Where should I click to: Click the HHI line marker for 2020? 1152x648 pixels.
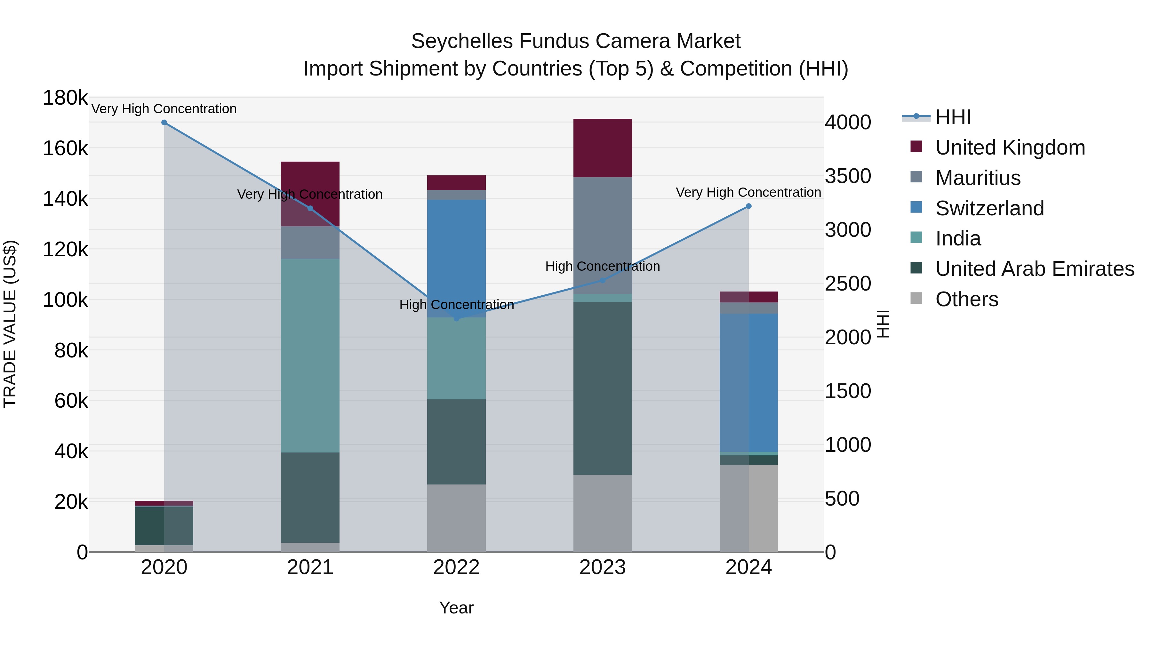coord(164,123)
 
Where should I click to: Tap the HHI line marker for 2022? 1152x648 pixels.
coord(456,318)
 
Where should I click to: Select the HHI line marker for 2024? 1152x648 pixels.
coord(748,206)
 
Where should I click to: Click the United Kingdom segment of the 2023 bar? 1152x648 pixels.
coord(602,148)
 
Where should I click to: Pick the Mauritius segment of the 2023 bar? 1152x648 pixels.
coord(602,236)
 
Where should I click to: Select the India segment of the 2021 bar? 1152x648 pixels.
coord(310,356)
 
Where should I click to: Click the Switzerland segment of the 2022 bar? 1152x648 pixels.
coord(456,259)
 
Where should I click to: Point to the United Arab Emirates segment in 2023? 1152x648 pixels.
coord(602,388)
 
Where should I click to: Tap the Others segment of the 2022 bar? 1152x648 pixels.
coord(456,518)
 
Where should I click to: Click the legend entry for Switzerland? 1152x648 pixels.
coord(989,208)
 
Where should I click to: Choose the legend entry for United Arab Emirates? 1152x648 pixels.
coord(1034,269)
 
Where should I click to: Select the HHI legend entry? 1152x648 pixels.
coord(953,117)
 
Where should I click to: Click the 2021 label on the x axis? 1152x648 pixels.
coord(310,567)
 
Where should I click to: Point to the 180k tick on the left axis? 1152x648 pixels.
coord(65,98)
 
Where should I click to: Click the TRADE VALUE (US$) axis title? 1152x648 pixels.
coord(10,324)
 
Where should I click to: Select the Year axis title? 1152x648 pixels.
coord(456,608)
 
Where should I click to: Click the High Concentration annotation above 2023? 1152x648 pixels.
coord(602,267)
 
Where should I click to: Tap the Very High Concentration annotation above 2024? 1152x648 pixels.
coord(748,192)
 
